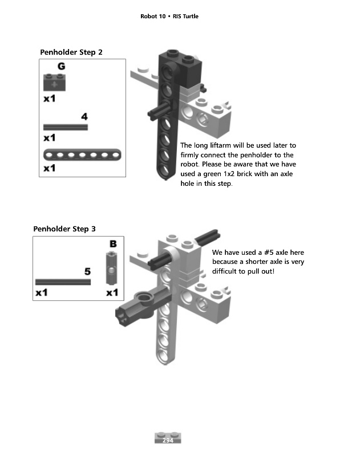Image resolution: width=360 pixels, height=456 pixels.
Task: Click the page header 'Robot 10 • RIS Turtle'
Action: [169, 17]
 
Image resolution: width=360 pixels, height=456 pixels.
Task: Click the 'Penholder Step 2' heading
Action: [71, 52]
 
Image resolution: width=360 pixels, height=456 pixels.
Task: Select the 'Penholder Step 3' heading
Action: [64, 229]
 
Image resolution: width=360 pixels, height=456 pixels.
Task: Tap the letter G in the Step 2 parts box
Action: [62, 66]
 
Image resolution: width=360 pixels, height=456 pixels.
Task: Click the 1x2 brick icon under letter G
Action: [54, 83]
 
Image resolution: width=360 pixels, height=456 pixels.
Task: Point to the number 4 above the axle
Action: [84, 117]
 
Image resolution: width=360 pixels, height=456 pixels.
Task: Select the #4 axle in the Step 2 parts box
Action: [66, 127]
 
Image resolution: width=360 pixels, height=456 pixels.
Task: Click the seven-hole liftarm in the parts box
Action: [82, 154]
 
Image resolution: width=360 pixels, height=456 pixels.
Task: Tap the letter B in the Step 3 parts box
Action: [113, 244]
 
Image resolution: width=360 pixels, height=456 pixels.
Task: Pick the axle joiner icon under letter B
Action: [111, 268]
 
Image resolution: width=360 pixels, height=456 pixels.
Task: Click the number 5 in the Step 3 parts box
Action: [87, 272]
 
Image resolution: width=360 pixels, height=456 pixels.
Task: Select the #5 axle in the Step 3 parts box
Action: [63, 282]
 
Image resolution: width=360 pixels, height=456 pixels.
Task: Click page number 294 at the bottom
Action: [168, 440]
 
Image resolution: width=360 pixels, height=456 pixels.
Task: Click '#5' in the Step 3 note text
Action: [269, 253]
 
